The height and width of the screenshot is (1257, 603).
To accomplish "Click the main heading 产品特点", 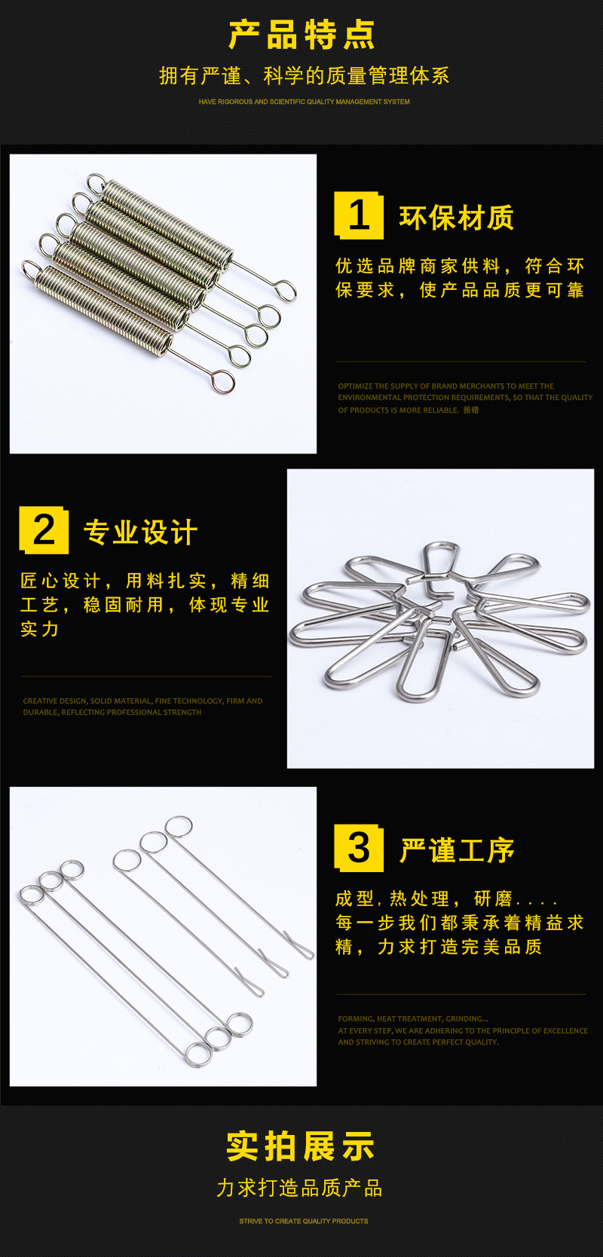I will click(x=301, y=35).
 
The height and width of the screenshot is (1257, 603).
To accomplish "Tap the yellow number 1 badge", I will click(x=359, y=216).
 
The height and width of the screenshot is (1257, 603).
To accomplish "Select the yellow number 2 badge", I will click(x=44, y=530).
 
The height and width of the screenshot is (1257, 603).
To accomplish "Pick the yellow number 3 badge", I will click(x=359, y=848).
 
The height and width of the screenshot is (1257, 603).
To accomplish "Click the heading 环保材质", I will click(x=456, y=218).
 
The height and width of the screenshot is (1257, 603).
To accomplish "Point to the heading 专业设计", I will click(x=141, y=532).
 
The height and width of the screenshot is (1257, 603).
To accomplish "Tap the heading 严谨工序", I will click(x=456, y=851).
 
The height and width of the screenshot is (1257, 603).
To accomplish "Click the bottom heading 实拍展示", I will click(x=301, y=1146).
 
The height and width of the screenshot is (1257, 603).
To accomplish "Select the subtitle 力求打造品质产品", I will click(x=300, y=1188).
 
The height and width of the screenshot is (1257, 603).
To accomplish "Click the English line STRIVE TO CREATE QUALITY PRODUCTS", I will click(x=304, y=1221).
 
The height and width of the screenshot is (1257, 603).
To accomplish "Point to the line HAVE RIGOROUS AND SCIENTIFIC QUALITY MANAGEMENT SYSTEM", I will click(x=304, y=102).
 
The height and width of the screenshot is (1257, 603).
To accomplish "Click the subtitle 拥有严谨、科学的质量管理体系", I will click(x=304, y=75).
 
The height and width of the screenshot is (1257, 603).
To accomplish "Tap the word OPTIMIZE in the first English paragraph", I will click(x=355, y=386).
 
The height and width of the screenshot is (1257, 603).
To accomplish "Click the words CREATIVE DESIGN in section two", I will click(x=55, y=701).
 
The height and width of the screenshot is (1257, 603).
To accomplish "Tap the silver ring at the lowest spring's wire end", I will click(x=222, y=383).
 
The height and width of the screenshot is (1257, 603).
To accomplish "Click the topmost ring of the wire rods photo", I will click(x=179, y=827).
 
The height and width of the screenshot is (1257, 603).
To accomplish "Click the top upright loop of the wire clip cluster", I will click(x=440, y=559).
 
